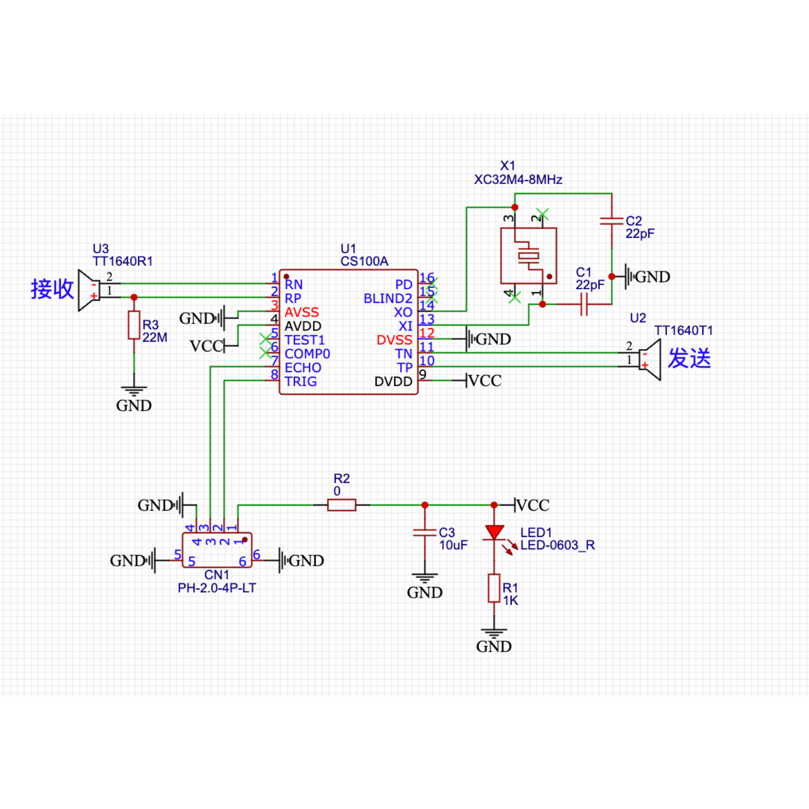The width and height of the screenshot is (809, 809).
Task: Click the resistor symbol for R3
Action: (133, 325)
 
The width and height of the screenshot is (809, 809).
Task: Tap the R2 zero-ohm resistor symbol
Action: (341, 505)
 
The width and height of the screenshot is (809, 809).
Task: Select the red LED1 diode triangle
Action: (494, 532)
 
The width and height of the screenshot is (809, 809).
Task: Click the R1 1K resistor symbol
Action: (494, 588)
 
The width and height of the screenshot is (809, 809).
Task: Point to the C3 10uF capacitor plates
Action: (425, 532)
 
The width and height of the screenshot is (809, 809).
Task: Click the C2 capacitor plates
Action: (611, 221)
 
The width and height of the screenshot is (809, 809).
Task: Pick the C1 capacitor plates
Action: (584, 304)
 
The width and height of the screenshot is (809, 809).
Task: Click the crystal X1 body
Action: (528, 255)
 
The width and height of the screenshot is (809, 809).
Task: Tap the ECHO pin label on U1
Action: (303, 368)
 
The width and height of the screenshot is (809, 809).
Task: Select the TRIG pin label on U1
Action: (301, 382)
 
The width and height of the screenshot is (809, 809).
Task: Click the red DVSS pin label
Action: (394, 340)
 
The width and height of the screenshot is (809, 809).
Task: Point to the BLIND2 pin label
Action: (388, 299)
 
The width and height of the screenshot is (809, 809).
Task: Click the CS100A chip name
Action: (364, 261)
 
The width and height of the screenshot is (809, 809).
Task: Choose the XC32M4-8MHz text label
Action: (518, 179)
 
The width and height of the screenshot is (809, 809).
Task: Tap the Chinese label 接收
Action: (52, 289)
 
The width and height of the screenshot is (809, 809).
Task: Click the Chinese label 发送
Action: (689, 358)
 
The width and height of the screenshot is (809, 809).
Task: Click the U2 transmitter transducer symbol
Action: (650, 359)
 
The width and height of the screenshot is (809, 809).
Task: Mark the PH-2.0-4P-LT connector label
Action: (217, 588)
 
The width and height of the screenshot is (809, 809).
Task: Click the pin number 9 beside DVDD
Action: (423, 374)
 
